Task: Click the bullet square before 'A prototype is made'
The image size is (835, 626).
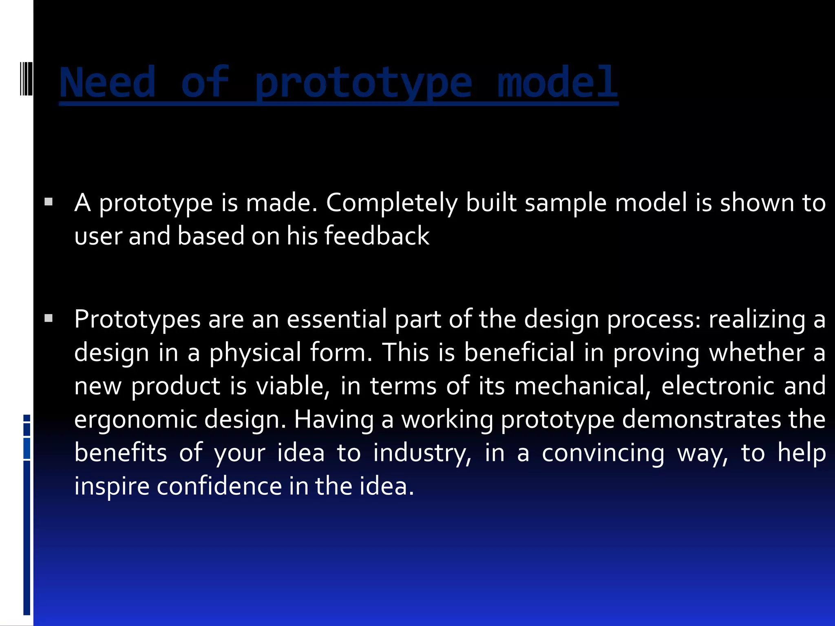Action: (49, 201)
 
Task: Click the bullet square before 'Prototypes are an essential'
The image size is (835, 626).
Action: (49, 318)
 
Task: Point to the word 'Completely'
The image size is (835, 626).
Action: (391, 203)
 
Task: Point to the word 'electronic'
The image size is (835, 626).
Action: (718, 386)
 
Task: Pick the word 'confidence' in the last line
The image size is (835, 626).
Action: (219, 486)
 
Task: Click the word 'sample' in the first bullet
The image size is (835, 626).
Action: (565, 203)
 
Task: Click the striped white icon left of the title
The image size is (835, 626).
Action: (26, 78)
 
